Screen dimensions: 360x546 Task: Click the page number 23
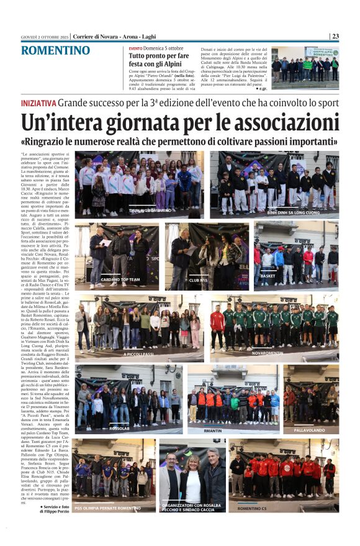pos(335,36)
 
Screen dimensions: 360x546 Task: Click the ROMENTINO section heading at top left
pos(56,51)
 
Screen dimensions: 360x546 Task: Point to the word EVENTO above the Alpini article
pos(135,48)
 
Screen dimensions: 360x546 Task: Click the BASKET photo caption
pos(268,276)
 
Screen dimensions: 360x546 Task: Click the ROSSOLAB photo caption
pos(120,427)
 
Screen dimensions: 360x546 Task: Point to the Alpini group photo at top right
pos(304,65)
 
